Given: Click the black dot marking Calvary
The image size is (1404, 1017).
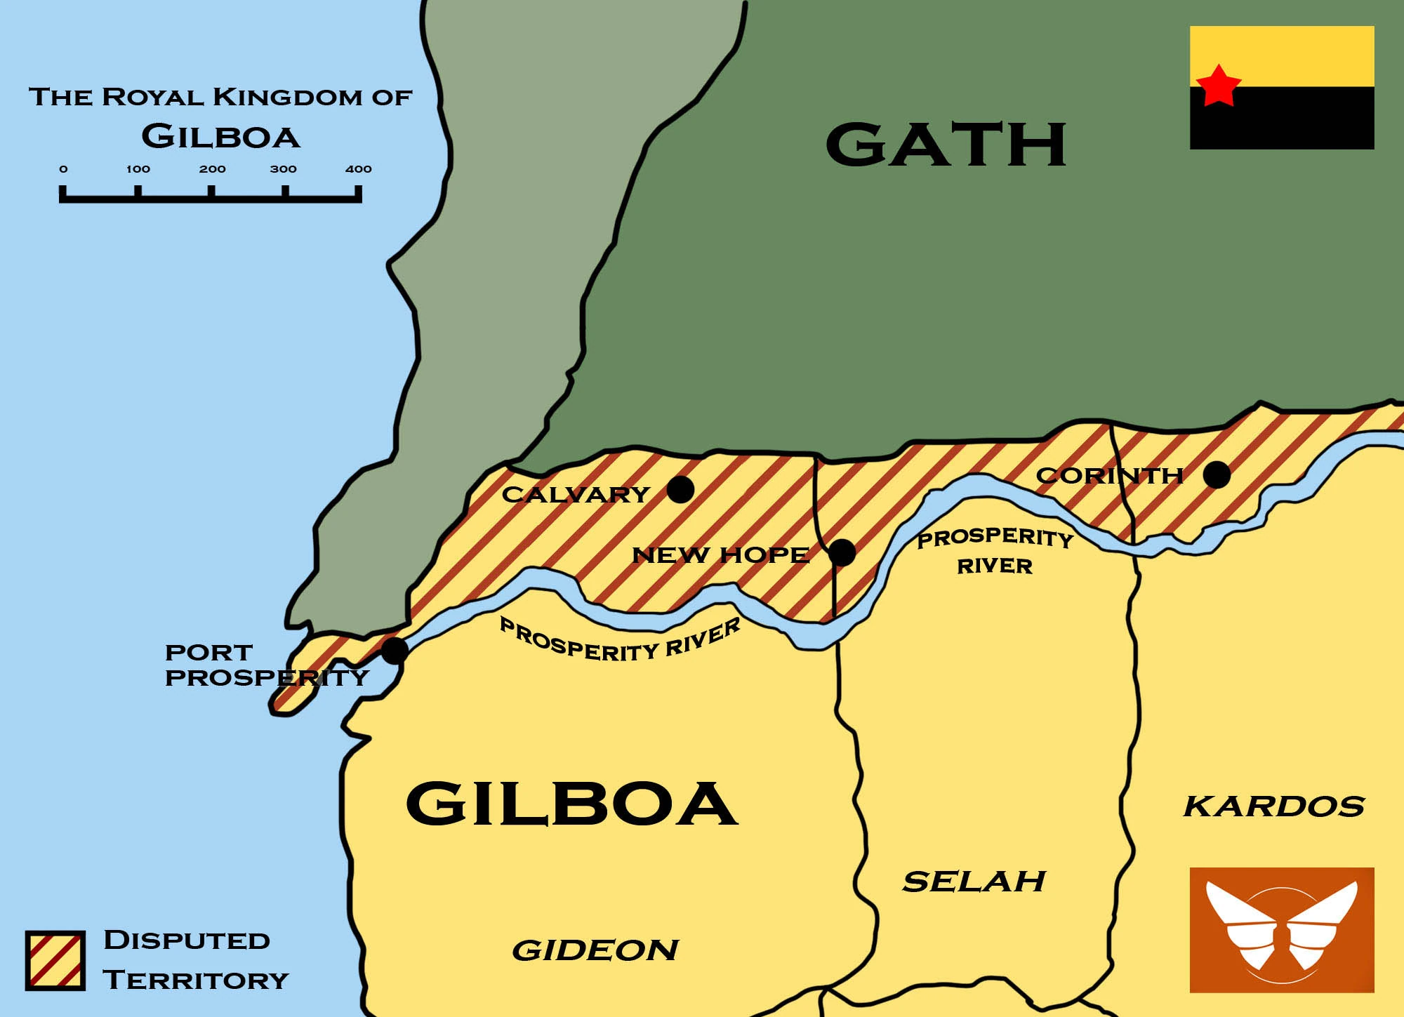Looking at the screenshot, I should coord(680,489).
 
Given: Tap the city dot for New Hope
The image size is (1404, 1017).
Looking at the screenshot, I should coord(842,552).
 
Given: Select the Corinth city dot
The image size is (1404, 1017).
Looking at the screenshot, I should coord(1217,474).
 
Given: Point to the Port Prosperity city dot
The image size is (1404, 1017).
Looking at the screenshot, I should coord(394,651).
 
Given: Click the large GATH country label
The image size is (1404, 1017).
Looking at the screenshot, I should coord(946,145).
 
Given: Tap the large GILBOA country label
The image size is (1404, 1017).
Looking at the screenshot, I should coord(571,804).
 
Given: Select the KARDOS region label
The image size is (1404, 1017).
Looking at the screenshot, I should coord(1273,806).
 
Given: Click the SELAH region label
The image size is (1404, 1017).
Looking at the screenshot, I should coord(974,882).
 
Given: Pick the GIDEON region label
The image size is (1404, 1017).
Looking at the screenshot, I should coord(595,950).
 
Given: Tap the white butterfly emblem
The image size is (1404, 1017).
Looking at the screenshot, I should coord(1281,926).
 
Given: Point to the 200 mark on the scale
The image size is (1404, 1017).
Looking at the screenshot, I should coord(212,169).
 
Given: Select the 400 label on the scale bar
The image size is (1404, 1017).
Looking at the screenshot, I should coord(358,169).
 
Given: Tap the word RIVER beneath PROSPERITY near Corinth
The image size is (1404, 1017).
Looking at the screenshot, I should coord(994,566).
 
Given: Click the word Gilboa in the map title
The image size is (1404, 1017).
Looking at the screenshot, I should coord(220,136).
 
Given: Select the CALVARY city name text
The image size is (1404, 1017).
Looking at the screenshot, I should coord(576,494).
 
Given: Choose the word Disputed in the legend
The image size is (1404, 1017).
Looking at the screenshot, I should coord(187,940).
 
